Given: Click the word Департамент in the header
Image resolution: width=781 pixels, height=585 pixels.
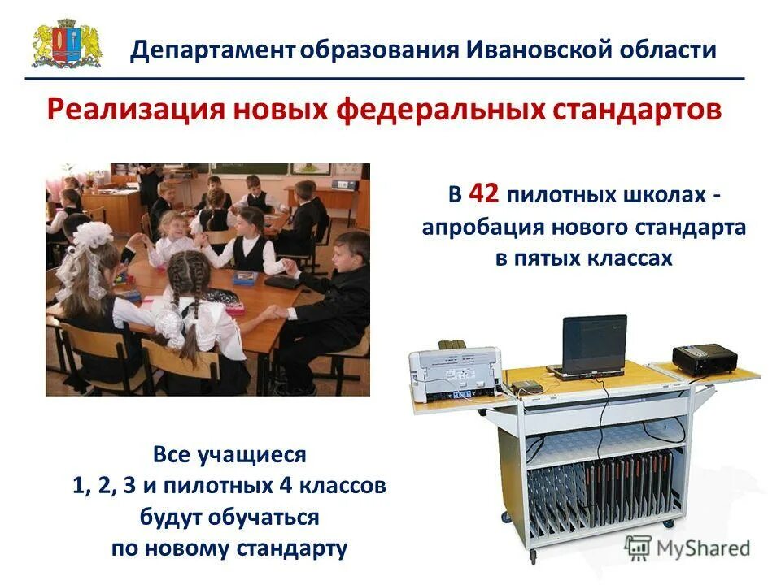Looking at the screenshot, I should pyautogui.click(x=212, y=50).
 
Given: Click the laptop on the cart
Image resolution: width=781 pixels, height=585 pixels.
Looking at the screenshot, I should pyautogui.click(x=590, y=345).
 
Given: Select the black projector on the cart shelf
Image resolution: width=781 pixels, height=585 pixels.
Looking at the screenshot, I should pyautogui.click(x=704, y=358).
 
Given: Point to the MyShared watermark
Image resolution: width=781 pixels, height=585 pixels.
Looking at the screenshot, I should pyautogui.click(x=687, y=547).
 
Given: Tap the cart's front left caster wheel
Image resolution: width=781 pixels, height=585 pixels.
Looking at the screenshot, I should pyautogui.click(x=533, y=557).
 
